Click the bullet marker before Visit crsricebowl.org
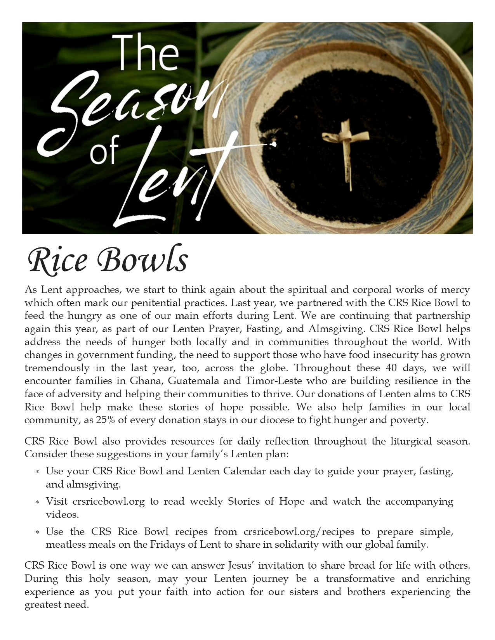click(37, 502)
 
